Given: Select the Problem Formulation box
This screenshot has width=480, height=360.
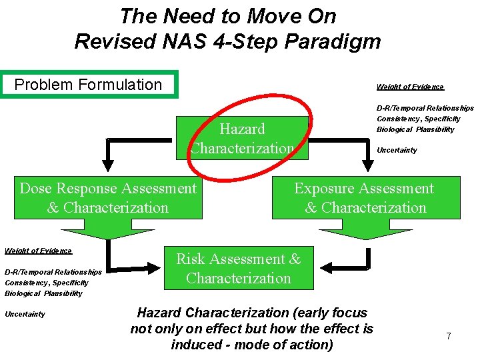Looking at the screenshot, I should tap(89, 85).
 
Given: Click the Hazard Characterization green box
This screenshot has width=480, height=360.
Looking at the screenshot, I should tap(241, 138).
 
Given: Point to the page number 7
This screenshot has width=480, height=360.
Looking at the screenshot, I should tap(449, 336).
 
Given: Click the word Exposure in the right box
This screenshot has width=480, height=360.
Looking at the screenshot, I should tap(325, 189).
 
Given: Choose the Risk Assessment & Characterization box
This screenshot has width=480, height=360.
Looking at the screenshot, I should tap(239, 268).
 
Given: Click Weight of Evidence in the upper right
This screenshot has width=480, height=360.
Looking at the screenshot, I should tap(410, 87).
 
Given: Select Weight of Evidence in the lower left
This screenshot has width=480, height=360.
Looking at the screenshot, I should tap(38, 251).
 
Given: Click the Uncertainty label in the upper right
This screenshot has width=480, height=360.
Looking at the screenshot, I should tap(397, 150).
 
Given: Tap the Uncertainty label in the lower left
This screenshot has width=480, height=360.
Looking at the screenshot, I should tap(25, 314).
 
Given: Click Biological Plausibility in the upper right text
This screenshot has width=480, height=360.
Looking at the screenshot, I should tap(415, 129).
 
